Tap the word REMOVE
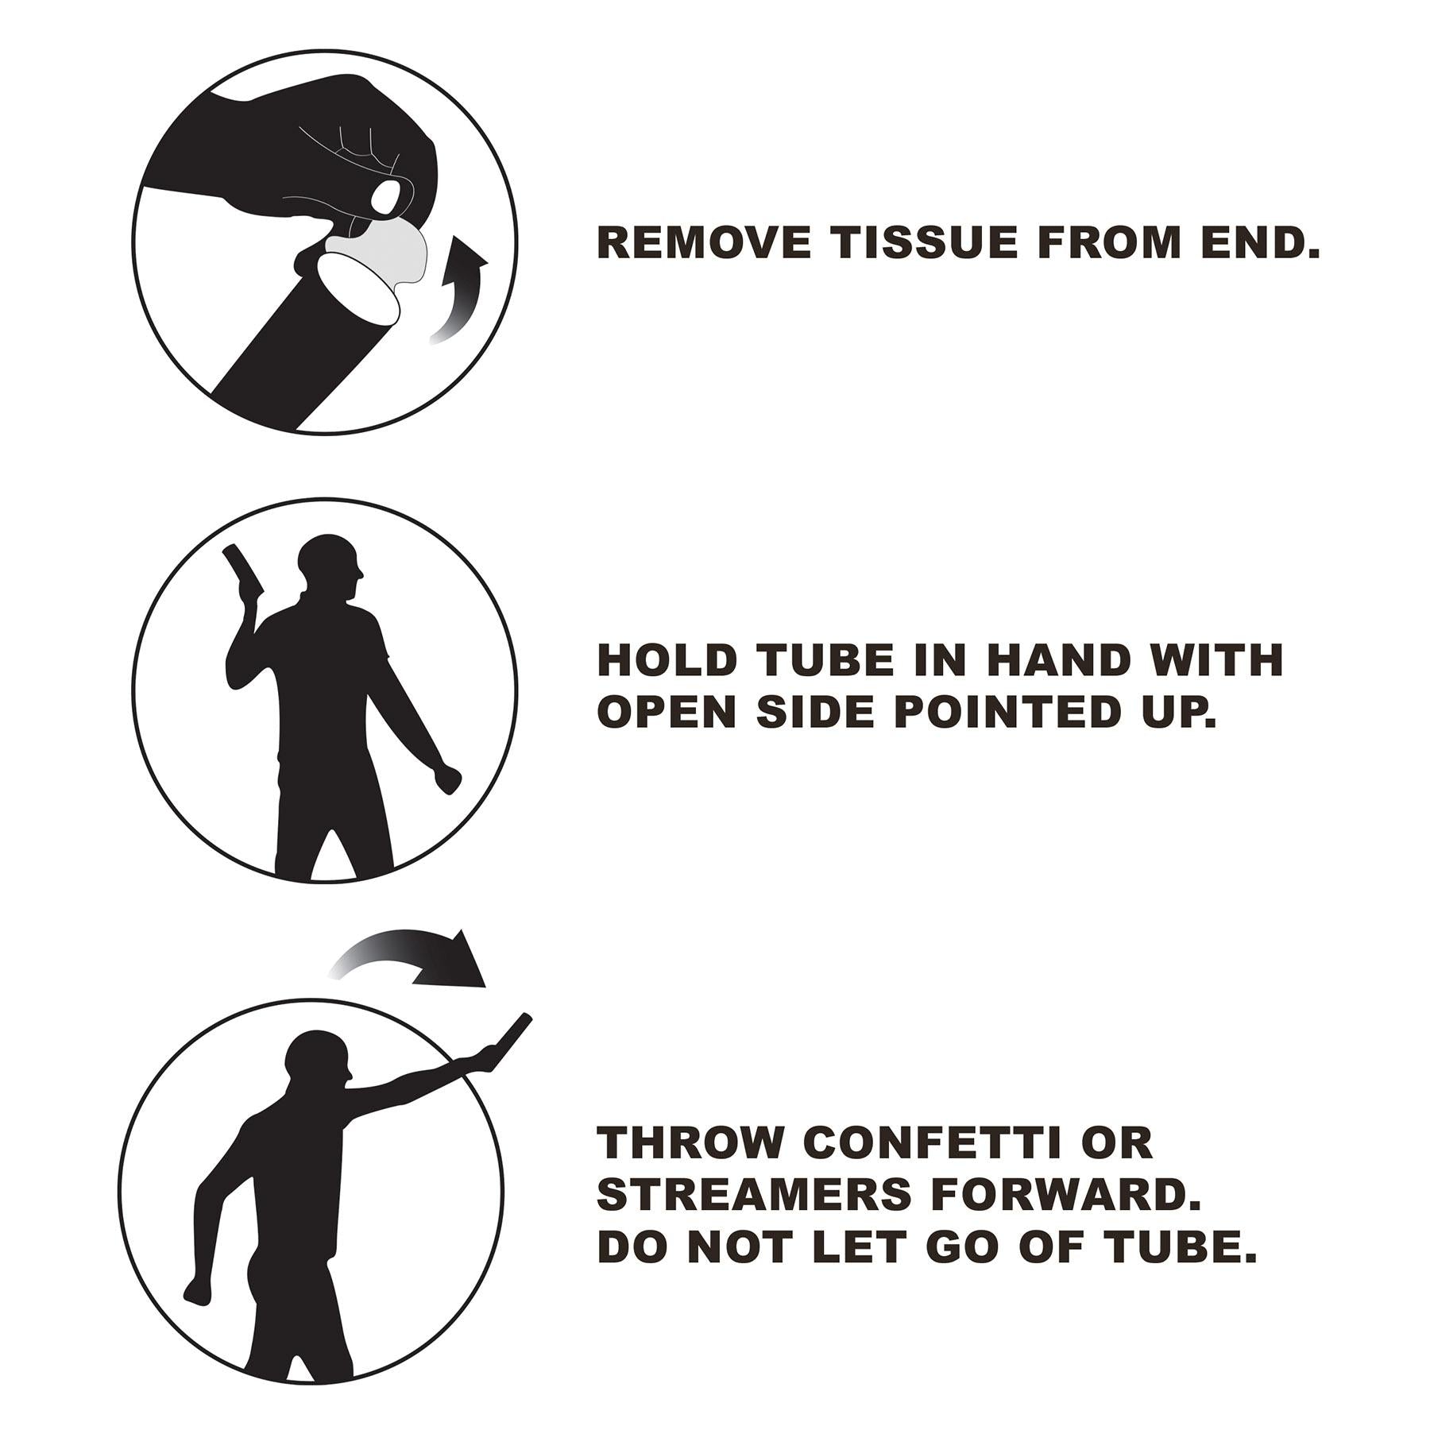[704, 242]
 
